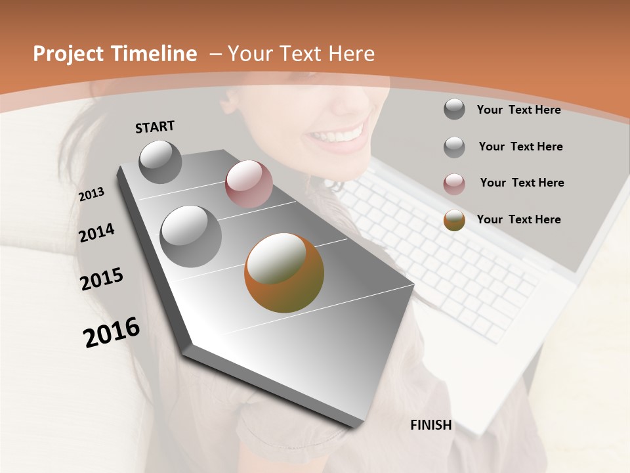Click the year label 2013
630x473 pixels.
coord(91,194)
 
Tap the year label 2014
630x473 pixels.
coord(96,233)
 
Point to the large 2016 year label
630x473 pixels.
coord(112,332)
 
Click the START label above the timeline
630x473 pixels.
coord(155,127)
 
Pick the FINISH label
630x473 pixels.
coord(430,425)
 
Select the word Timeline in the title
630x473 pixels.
coord(157,54)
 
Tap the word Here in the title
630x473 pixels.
coord(352,54)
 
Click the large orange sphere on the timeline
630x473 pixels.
coord(284,273)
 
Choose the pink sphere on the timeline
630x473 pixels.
coord(249,184)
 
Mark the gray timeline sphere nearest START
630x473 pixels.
coord(161,162)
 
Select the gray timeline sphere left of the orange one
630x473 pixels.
coord(191,236)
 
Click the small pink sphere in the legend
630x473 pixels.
coord(454,185)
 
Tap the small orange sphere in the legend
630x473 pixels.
coord(454,221)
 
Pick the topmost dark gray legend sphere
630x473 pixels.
coord(454,109)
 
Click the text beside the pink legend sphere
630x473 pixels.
coord(522,183)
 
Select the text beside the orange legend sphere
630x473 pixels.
coord(518,219)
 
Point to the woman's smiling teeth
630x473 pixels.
coord(337,135)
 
